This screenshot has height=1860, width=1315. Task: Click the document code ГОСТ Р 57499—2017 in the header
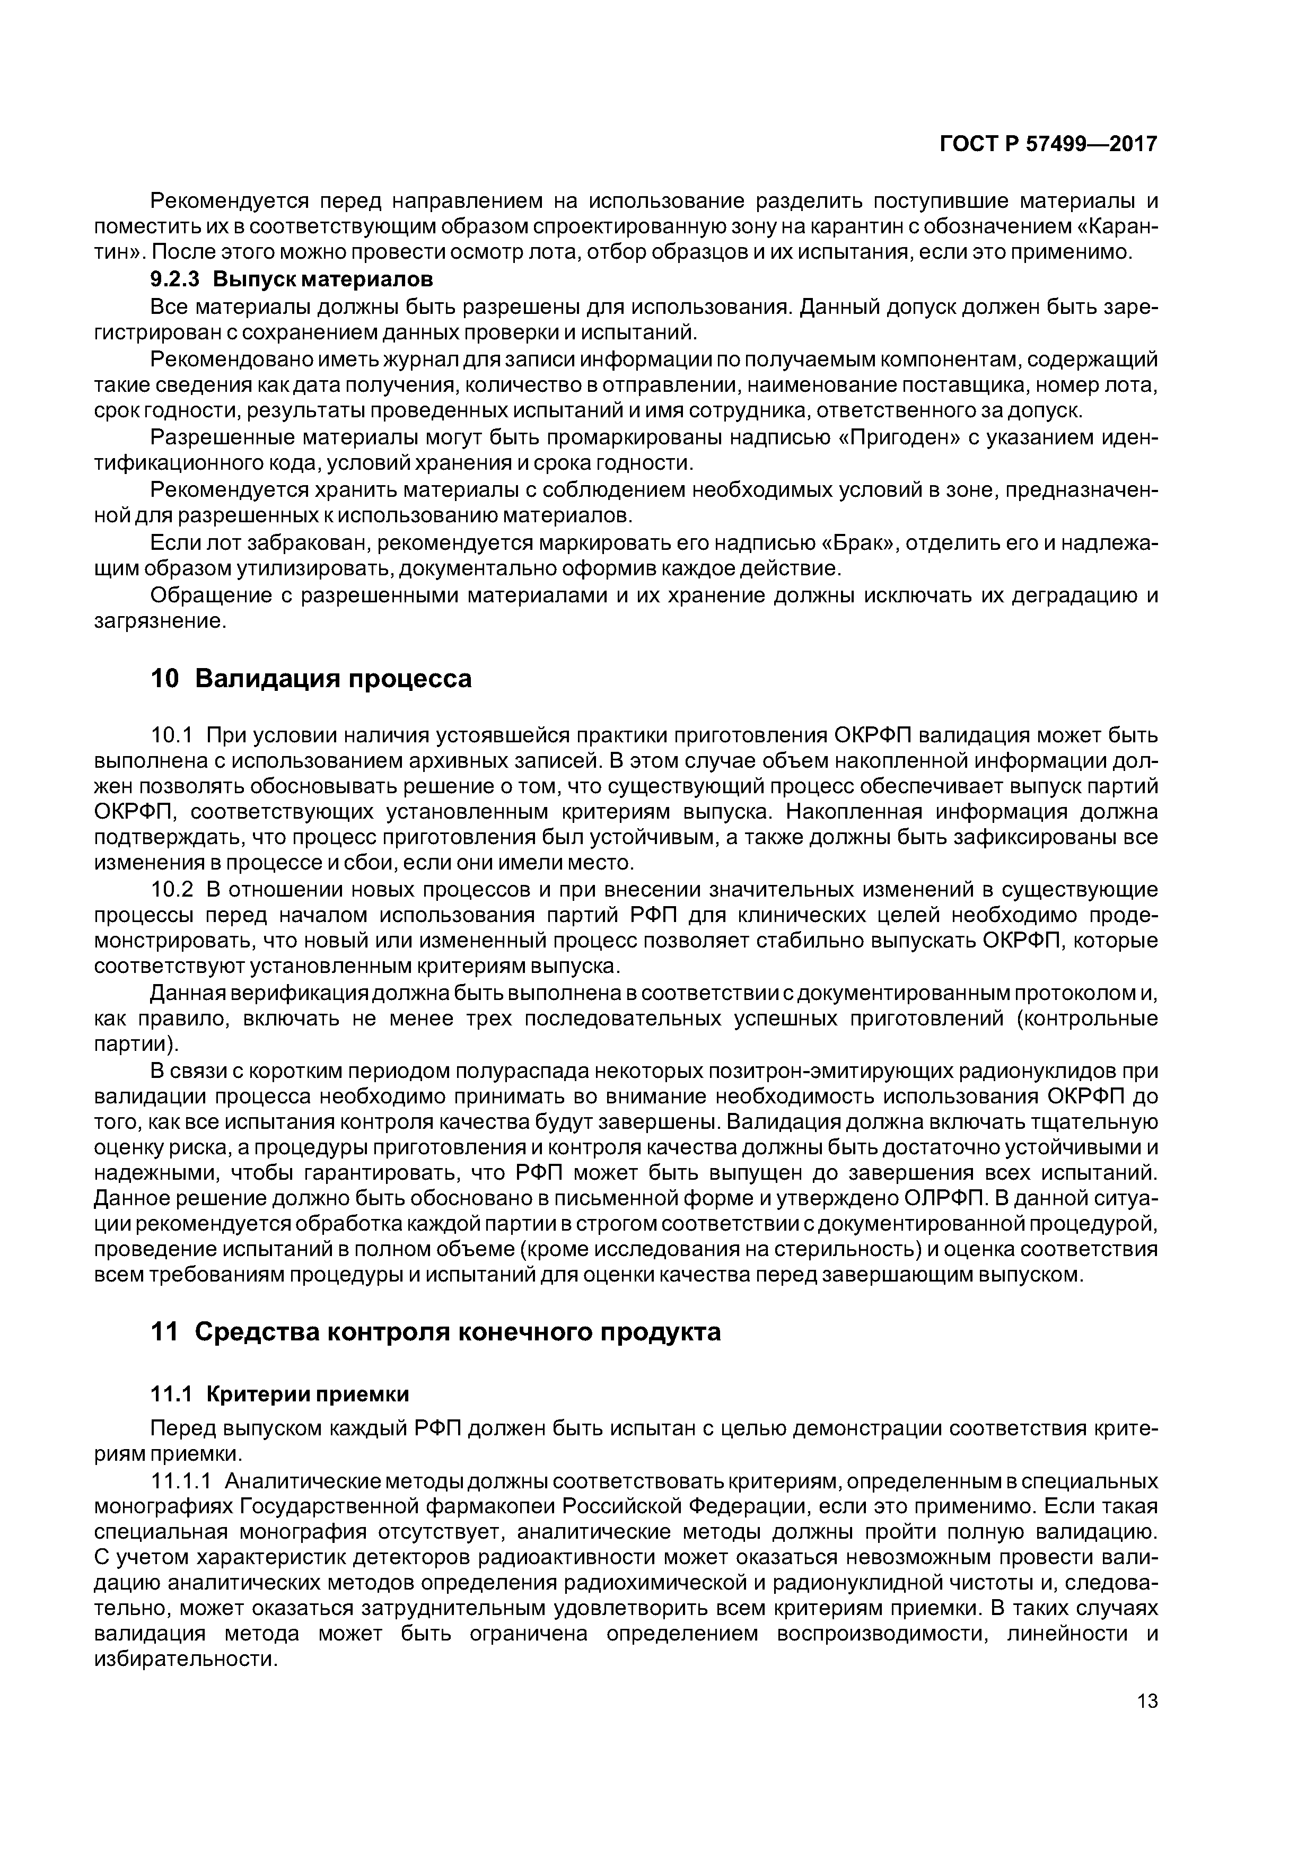pyautogui.click(x=1048, y=145)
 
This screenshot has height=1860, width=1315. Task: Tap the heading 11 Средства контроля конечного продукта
pyautogui.click(x=436, y=1332)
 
